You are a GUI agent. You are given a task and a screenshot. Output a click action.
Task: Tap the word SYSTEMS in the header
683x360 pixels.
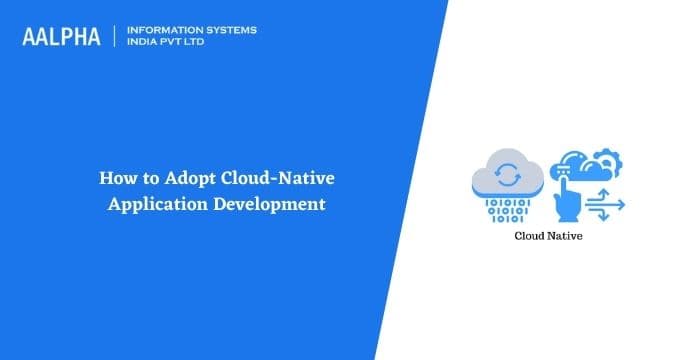point(230,30)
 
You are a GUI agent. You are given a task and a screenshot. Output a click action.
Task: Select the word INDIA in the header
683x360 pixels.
point(146,43)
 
